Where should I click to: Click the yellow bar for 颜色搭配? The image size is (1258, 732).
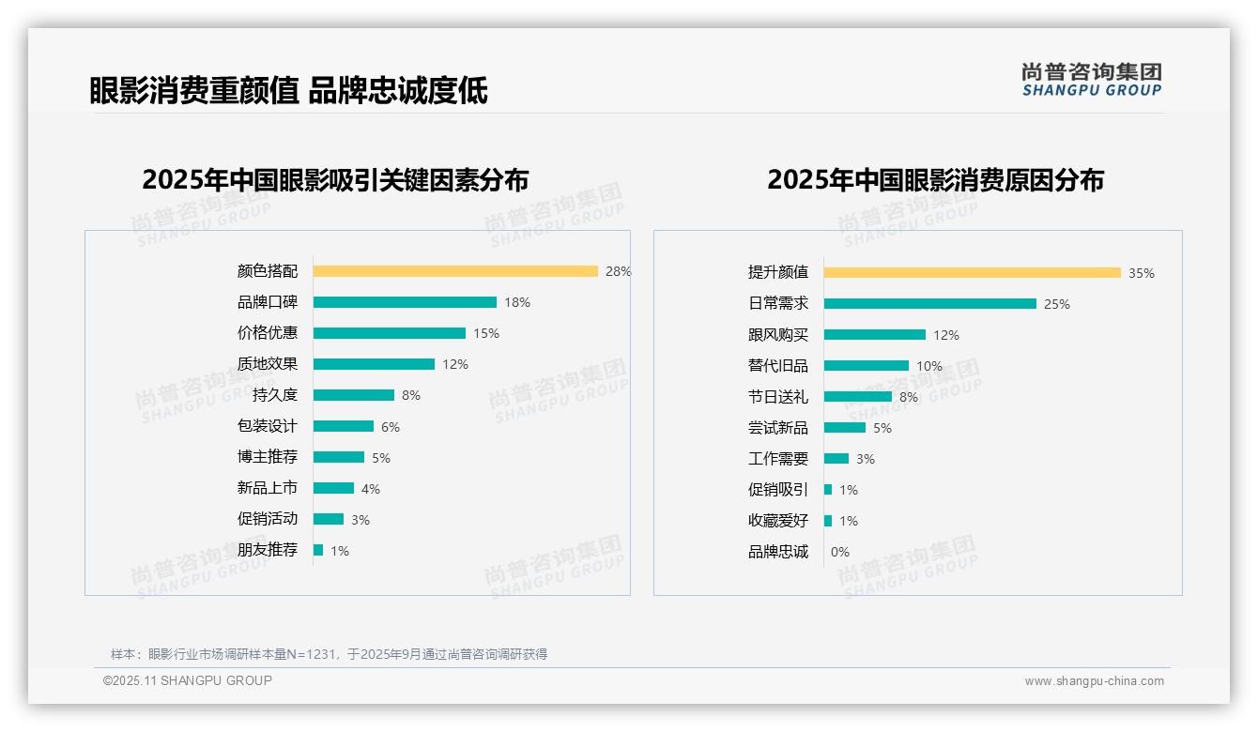click(455, 271)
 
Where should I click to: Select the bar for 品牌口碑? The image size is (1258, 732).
click(405, 302)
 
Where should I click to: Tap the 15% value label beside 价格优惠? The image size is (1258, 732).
click(486, 333)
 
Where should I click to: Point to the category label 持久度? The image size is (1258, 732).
click(274, 395)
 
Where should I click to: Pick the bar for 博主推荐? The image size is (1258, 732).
click(339, 457)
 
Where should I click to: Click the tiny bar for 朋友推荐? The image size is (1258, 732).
click(318, 550)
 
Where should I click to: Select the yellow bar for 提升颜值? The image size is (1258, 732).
click(973, 273)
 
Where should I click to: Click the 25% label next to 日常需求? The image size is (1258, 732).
click(1057, 304)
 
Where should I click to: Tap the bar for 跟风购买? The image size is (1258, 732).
click(875, 335)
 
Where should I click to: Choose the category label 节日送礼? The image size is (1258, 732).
click(777, 397)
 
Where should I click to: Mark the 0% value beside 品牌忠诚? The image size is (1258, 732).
click(840, 552)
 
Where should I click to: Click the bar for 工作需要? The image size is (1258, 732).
click(836, 459)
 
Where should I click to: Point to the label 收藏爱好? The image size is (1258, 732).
click(777, 521)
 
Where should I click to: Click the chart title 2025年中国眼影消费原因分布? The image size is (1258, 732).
click(935, 180)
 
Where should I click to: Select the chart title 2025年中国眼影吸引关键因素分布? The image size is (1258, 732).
click(335, 180)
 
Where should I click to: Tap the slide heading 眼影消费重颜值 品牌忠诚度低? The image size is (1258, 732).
click(288, 91)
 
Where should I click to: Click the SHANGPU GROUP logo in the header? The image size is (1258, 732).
click(1091, 80)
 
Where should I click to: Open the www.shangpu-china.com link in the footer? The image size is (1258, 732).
click(1094, 681)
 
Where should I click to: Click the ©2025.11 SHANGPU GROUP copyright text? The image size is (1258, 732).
click(188, 680)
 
